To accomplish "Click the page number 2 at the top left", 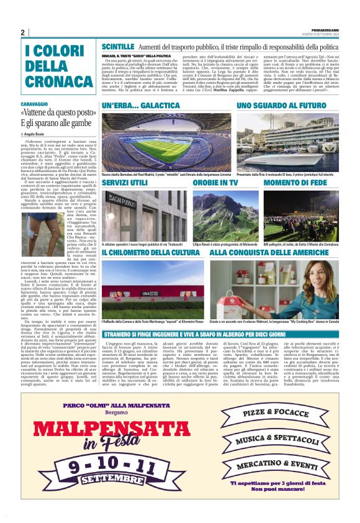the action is click(23, 32).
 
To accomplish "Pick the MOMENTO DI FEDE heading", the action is click(295, 184).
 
